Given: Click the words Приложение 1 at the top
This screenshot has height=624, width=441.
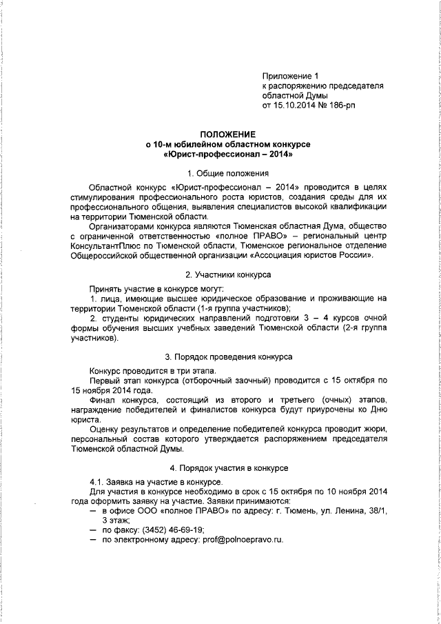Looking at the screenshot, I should tap(291, 75).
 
